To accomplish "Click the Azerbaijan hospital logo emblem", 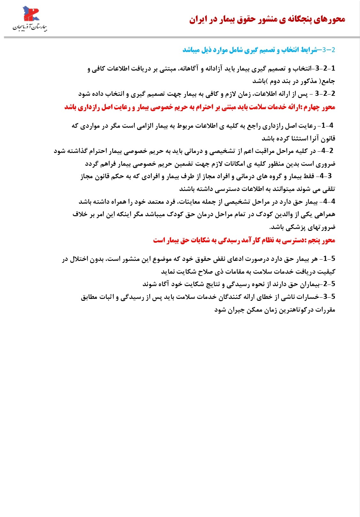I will click(30, 14).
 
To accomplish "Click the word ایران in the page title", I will click(198, 20).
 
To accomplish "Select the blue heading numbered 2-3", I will click(259, 50).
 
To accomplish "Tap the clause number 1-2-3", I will click(325, 68).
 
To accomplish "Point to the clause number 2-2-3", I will click(325, 94).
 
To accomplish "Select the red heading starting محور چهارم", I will click(200, 107).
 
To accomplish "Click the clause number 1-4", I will click(327, 125).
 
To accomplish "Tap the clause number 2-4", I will click(327, 151).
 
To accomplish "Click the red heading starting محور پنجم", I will click(244, 240).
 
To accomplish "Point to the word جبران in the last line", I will click(236, 310).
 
